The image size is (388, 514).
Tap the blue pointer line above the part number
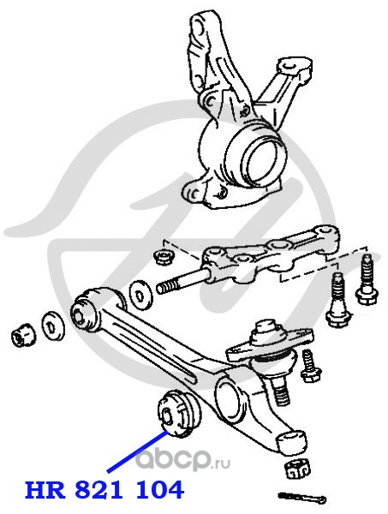coord(138,452)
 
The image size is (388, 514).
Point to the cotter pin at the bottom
coord(301,498)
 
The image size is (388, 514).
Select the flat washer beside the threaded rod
coord(141,295)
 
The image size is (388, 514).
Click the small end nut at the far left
coord(23,334)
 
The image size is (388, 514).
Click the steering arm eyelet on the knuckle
coord(290,68)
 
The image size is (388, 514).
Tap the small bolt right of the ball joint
coord(310,366)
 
